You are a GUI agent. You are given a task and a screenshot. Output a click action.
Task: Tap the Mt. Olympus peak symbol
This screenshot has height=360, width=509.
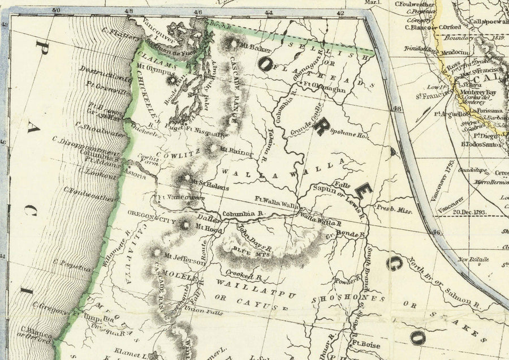[x=171, y=80]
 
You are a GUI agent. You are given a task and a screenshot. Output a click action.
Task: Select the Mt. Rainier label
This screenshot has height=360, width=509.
[x=231, y=150]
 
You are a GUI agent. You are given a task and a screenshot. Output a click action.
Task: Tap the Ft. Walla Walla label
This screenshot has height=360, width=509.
[x=277, y=199]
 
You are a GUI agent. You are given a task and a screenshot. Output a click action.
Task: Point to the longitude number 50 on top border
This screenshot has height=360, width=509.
[x=54, y=10]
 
